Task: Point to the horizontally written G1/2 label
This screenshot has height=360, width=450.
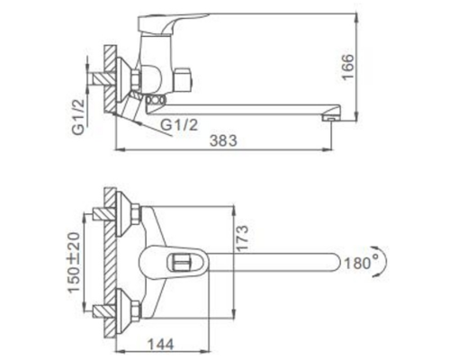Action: pos(180,123)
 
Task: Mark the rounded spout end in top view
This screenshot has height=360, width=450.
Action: pos(335,263)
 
